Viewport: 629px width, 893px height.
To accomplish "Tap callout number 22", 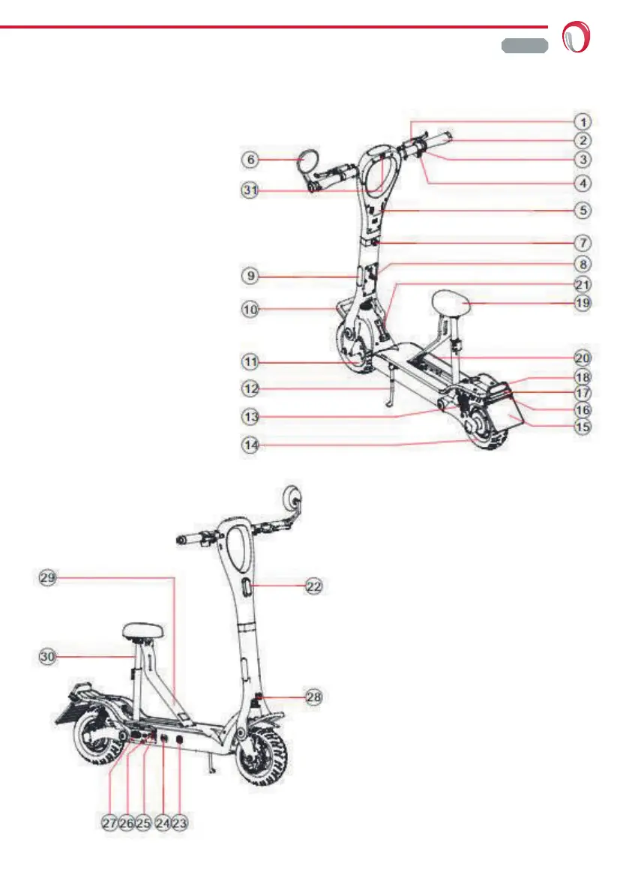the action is coord(315,587).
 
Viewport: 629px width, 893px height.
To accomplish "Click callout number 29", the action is coord(49,577).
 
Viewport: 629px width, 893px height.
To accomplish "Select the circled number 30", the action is coord(49,656).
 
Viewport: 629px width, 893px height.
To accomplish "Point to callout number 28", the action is coord(315,697).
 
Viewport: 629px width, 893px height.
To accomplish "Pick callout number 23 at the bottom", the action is coord(179,823).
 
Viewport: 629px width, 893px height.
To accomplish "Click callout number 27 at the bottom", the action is coord(110,823).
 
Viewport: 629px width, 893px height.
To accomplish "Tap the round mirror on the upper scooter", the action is coord(309,160).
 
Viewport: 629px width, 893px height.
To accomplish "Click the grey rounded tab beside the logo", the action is coord(524,45).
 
